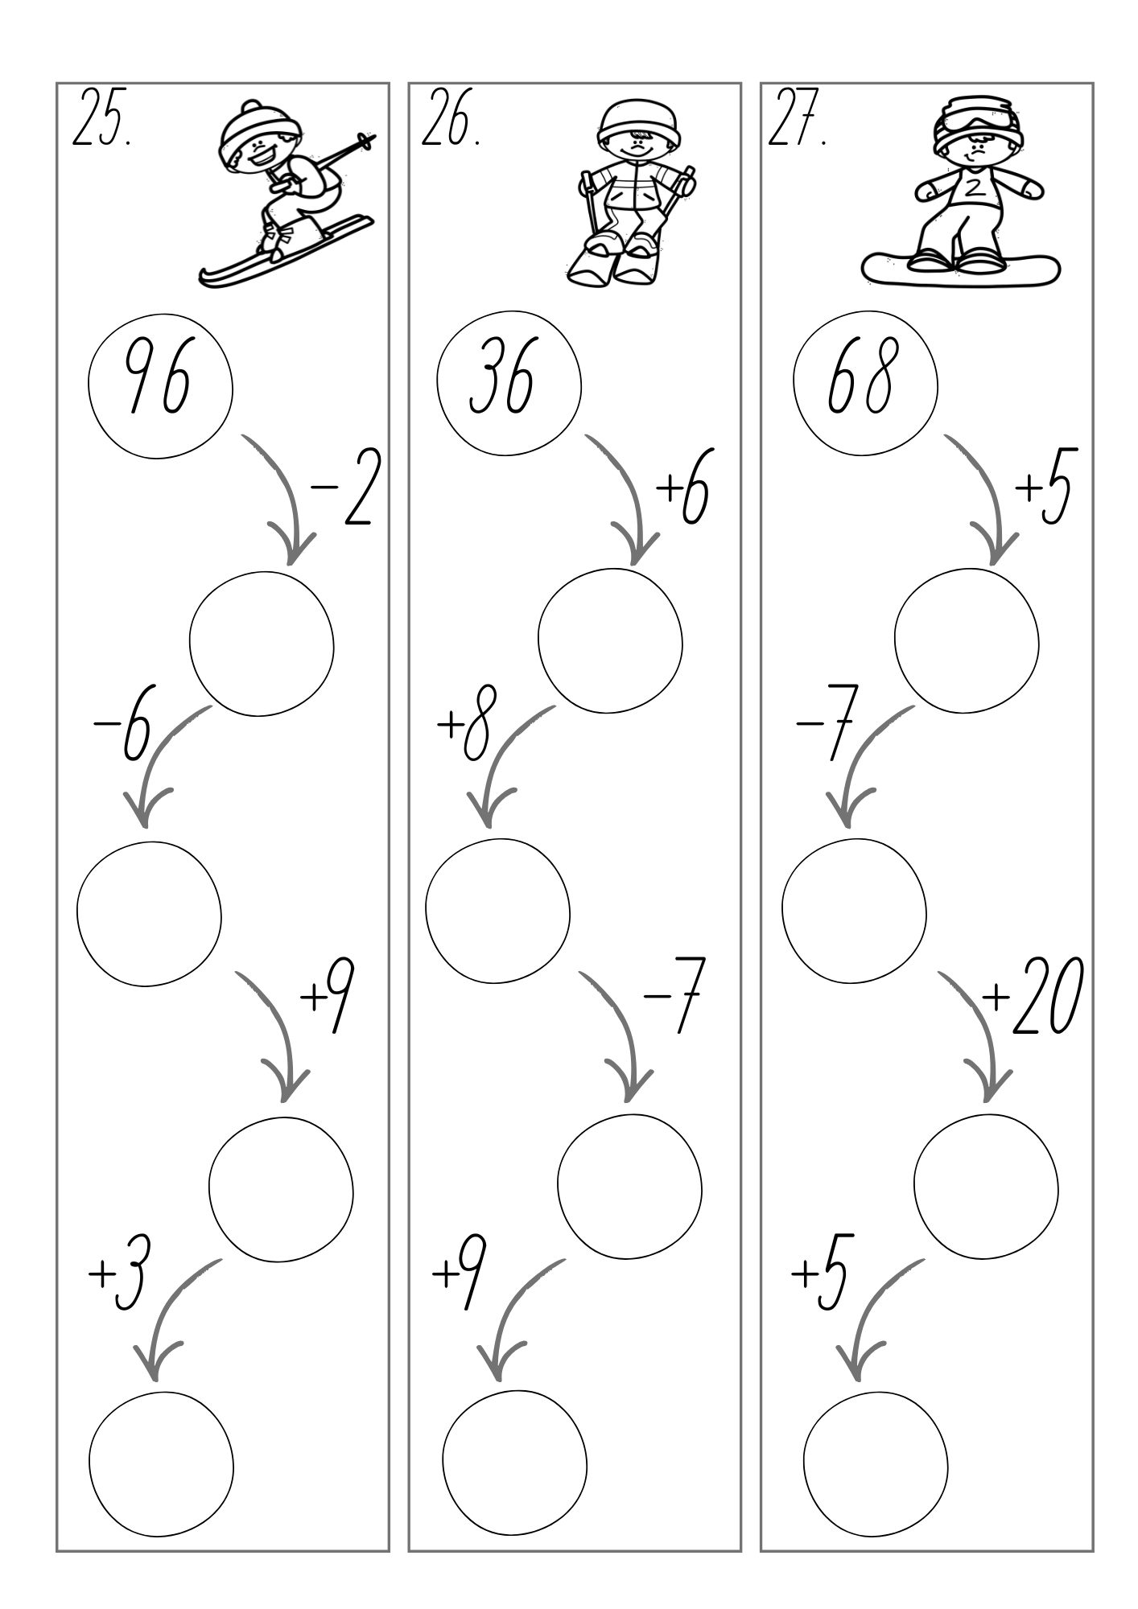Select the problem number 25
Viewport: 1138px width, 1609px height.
coord(102,117)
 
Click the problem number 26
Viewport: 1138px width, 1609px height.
coord(451,117)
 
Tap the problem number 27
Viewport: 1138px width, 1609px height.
coord(798,117)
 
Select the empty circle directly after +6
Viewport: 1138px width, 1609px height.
coord(610,641)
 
